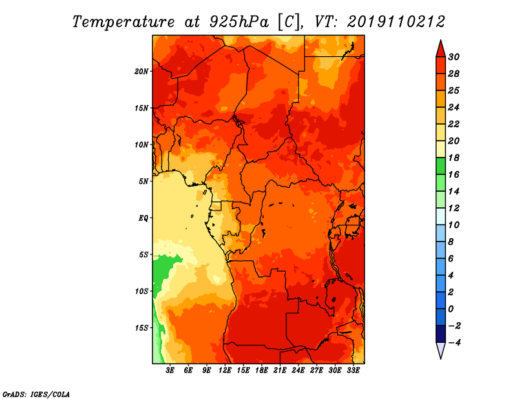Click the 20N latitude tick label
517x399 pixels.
pyautogui.click(x=142, y=72)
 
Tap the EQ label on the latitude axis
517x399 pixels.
pyautogui.click(x=143, y=218)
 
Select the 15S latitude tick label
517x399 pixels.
pyautogui.click(x=142, y=328)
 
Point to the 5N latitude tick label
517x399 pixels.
pyautogui.click(x=143, y=181)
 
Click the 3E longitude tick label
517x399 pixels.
pyautogui.click(x=170, y=370)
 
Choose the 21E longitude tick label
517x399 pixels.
pyautogui.click(x=280, y=370)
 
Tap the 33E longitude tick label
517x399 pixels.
pyautogui.click(x=353, y=370)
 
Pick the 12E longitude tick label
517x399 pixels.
pyautogui.click(x=224, y=370)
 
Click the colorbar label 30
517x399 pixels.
pyautogui.click(x=454, y=57)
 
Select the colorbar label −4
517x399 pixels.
pyautogui.click(x=454, y=343)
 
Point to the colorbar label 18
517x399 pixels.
pyautogui.click(x=454, y=158)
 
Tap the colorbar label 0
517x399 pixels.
pyautogui.click(x=450, y=309)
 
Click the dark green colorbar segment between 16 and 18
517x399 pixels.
pyautogui.click(x=441, y=166)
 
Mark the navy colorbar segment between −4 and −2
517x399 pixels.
pyautogui.click(x=441, y=334)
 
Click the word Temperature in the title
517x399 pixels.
pyautogui.click(x=123, y=22)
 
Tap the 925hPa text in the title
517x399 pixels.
pyautogui.click(x=239, y=22)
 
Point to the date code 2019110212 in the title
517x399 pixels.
pyautogui.click(x=396, y=22)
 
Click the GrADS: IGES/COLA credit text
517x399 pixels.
pyautogui.click(x=36, y=394)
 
